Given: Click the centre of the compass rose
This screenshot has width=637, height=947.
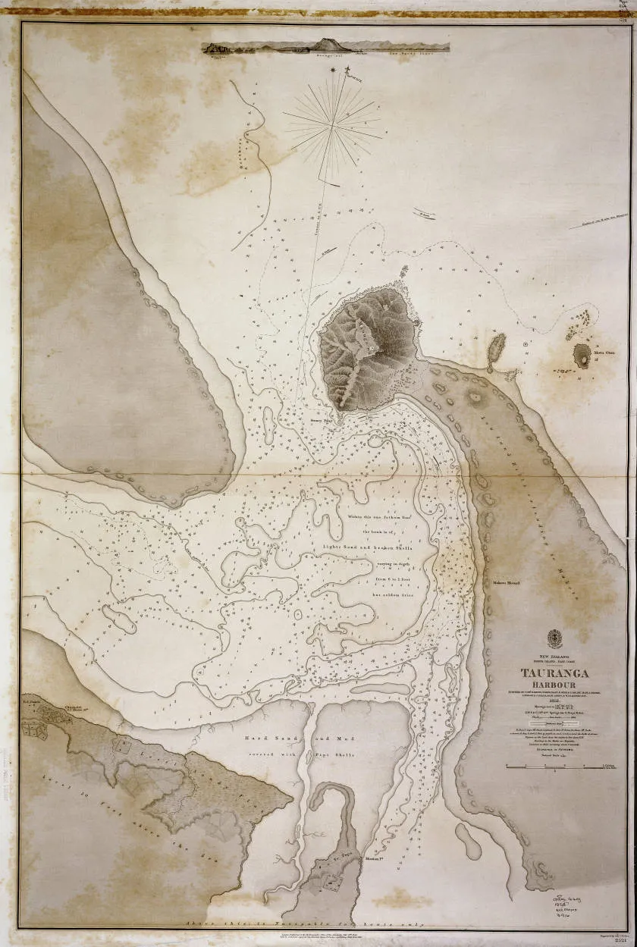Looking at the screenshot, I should point(334,121).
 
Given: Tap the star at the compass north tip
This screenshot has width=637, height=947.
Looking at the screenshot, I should point(334,71).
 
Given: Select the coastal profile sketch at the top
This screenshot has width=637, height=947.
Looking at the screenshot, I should point(325,46).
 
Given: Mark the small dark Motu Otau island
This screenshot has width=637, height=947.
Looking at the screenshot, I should point(582,354).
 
